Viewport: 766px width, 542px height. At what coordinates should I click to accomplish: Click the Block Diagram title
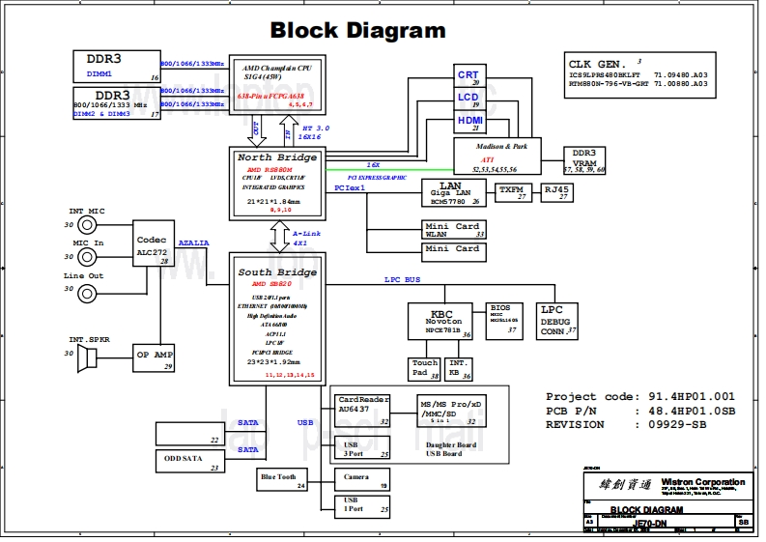pyautogui.click(x=357, y=30)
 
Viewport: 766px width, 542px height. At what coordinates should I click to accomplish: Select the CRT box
pyautogui.click(x=468, y=77)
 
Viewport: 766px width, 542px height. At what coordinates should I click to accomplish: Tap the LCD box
pyautogui.click(x=468, y=100)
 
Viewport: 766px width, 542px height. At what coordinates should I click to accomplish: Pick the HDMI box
pyautogui.click(x=469, y=123)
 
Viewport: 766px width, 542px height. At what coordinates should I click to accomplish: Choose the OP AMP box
pyautogui.click(x=153, y=357)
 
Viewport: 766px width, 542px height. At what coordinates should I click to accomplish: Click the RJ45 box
pyautogui.click(x=556, y=192)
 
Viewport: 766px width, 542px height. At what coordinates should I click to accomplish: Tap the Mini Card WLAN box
pyautogui.click(x=453, y=229)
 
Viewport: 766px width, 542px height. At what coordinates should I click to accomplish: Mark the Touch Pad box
pyautogui.click(x=424, y=368)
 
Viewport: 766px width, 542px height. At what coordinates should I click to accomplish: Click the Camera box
pyautogui.click(x=362, y=478)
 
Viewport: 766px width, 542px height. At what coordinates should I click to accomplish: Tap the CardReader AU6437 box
pyautogui.click(x=362, y=410)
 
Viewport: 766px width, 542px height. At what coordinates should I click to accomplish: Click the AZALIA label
pyautogui.click(x=194, y=243)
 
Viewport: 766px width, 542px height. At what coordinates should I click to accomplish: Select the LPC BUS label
pyautogui.click(x=403, y=279)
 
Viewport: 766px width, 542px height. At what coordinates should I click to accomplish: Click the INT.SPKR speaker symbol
pyautogui.click(x=89, y=358)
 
